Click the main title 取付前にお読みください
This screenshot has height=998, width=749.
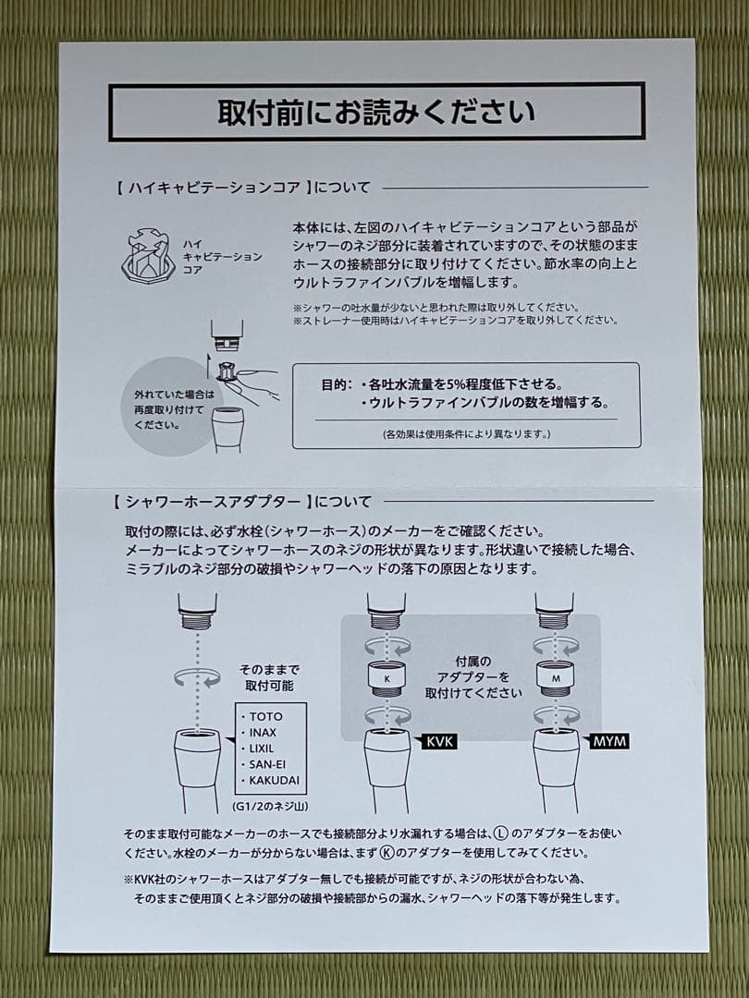coord(375,112)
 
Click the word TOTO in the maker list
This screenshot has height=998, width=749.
coord(264,716)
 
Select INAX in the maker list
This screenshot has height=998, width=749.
coord(264,732)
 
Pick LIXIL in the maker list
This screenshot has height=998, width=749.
coord(264,748)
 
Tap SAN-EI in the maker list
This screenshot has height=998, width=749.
coord(268,764)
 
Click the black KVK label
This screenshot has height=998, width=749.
coord(440,741)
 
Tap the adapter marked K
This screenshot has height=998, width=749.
coord(387,679)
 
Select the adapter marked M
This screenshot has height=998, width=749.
coord(555,679)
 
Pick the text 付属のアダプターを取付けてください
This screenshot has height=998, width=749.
coord(474,677)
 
